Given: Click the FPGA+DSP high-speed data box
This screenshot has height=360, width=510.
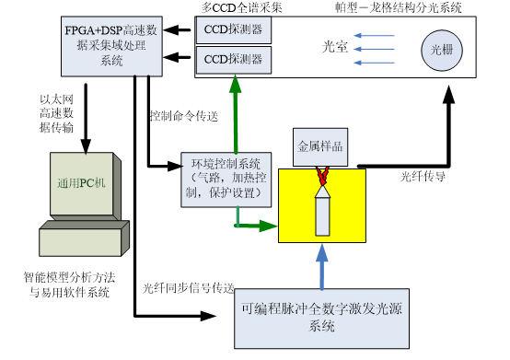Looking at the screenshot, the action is [x=111, y=47].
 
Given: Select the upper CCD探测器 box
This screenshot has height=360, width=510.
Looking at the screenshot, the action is [x=234, y=30].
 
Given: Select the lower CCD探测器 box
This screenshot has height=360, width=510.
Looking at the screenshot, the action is [x=234, y=60].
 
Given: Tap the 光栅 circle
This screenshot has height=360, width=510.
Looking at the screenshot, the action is [x=442, y=50].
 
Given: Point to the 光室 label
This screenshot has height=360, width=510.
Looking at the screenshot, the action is [x=335, y=47].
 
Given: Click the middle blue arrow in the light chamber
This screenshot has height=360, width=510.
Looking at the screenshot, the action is [x=374, y=50].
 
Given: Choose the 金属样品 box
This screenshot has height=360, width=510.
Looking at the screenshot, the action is [x=320, y=147].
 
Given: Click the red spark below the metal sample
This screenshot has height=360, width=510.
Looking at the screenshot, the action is [x=322, y=176].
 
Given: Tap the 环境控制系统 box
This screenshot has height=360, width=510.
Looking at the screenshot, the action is [x=226, y=180].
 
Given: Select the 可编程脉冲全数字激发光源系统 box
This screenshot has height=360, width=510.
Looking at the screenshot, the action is [x=321, y=319].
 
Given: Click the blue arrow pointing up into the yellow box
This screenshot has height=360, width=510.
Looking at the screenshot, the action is [x=322, y=267].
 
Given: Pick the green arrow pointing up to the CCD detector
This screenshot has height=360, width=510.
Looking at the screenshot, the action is [x=236, y=114].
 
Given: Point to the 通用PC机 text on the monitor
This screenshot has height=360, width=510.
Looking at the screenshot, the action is [x=81, y=183].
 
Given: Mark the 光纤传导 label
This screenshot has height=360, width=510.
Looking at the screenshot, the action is [x=423, y=177].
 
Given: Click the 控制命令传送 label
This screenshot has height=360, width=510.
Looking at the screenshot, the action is [x=184, y=116].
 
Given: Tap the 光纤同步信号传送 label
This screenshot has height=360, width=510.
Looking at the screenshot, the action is [x=189, y=288].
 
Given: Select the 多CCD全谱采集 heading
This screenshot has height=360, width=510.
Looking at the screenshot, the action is [x=242, y=7].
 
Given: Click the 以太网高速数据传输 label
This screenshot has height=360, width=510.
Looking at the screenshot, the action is [x=56, y=113].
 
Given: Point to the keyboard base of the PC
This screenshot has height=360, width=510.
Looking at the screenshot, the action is [x=85, y=238].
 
